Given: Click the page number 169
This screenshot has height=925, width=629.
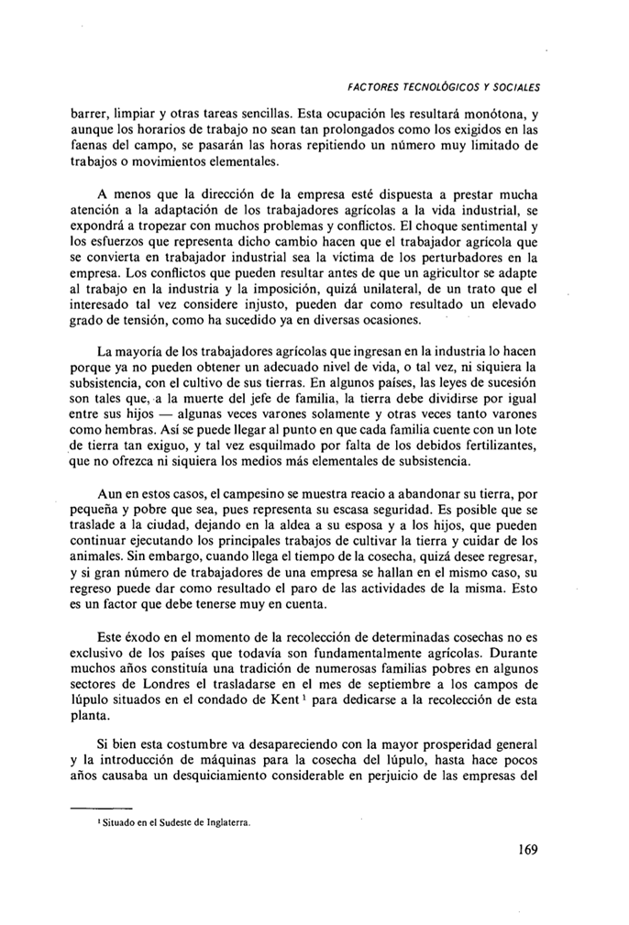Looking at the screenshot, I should click(x=526, y=849).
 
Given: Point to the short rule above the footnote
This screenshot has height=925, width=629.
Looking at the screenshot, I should click(x=102, y=807).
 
